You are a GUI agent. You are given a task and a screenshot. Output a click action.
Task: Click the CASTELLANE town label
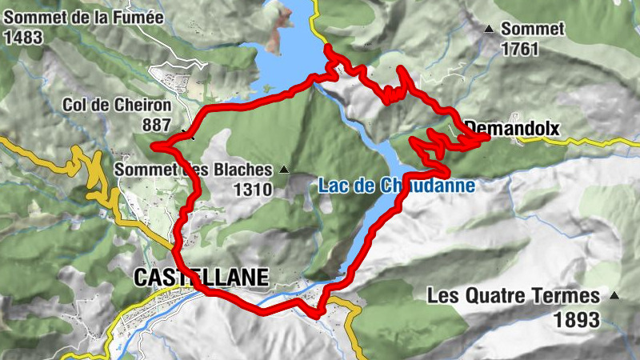(202, 277)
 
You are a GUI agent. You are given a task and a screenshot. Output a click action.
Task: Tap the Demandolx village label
(512, 127)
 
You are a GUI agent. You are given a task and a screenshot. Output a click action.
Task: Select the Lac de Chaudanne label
(397, 186)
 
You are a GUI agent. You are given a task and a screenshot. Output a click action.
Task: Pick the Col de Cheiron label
(117, 106)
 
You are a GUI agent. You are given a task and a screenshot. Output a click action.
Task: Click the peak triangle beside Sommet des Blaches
(283, 170)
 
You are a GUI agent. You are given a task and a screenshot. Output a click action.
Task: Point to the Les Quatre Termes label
(513, 296)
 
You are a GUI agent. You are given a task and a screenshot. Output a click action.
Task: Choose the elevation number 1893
(576, 320)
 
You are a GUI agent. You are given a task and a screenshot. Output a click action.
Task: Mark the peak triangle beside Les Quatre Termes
(614, 296)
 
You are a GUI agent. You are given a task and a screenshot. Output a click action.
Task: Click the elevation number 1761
(519, 48)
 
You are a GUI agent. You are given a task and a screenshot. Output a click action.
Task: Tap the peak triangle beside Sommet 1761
(488, 30)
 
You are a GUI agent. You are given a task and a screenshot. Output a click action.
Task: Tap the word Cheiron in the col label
(141, 106)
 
